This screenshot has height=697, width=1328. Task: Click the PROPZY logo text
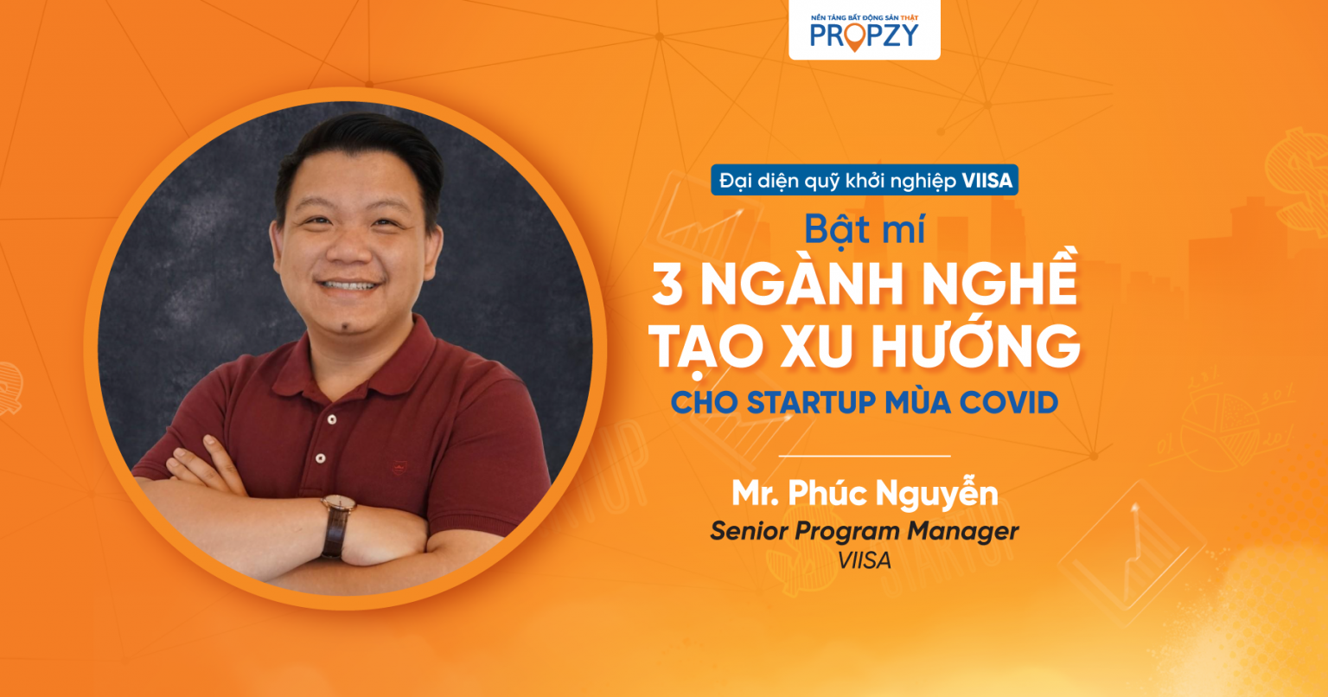click(865, 36)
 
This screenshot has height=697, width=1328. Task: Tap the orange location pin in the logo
click(854, 38)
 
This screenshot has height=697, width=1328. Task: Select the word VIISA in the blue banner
click(987, 181)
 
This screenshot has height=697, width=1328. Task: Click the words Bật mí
click(865, 228)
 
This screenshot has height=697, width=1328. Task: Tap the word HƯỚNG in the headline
click(976, 345)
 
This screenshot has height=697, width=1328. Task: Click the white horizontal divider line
click(865, 456)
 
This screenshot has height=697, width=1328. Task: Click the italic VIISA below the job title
click(865, 560)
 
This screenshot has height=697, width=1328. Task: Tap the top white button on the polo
click(332, 420)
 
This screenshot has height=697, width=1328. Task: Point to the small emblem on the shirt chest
click(399, 469)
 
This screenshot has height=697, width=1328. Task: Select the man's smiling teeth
click(348, 286)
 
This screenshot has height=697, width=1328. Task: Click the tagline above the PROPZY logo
click(865, 18)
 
